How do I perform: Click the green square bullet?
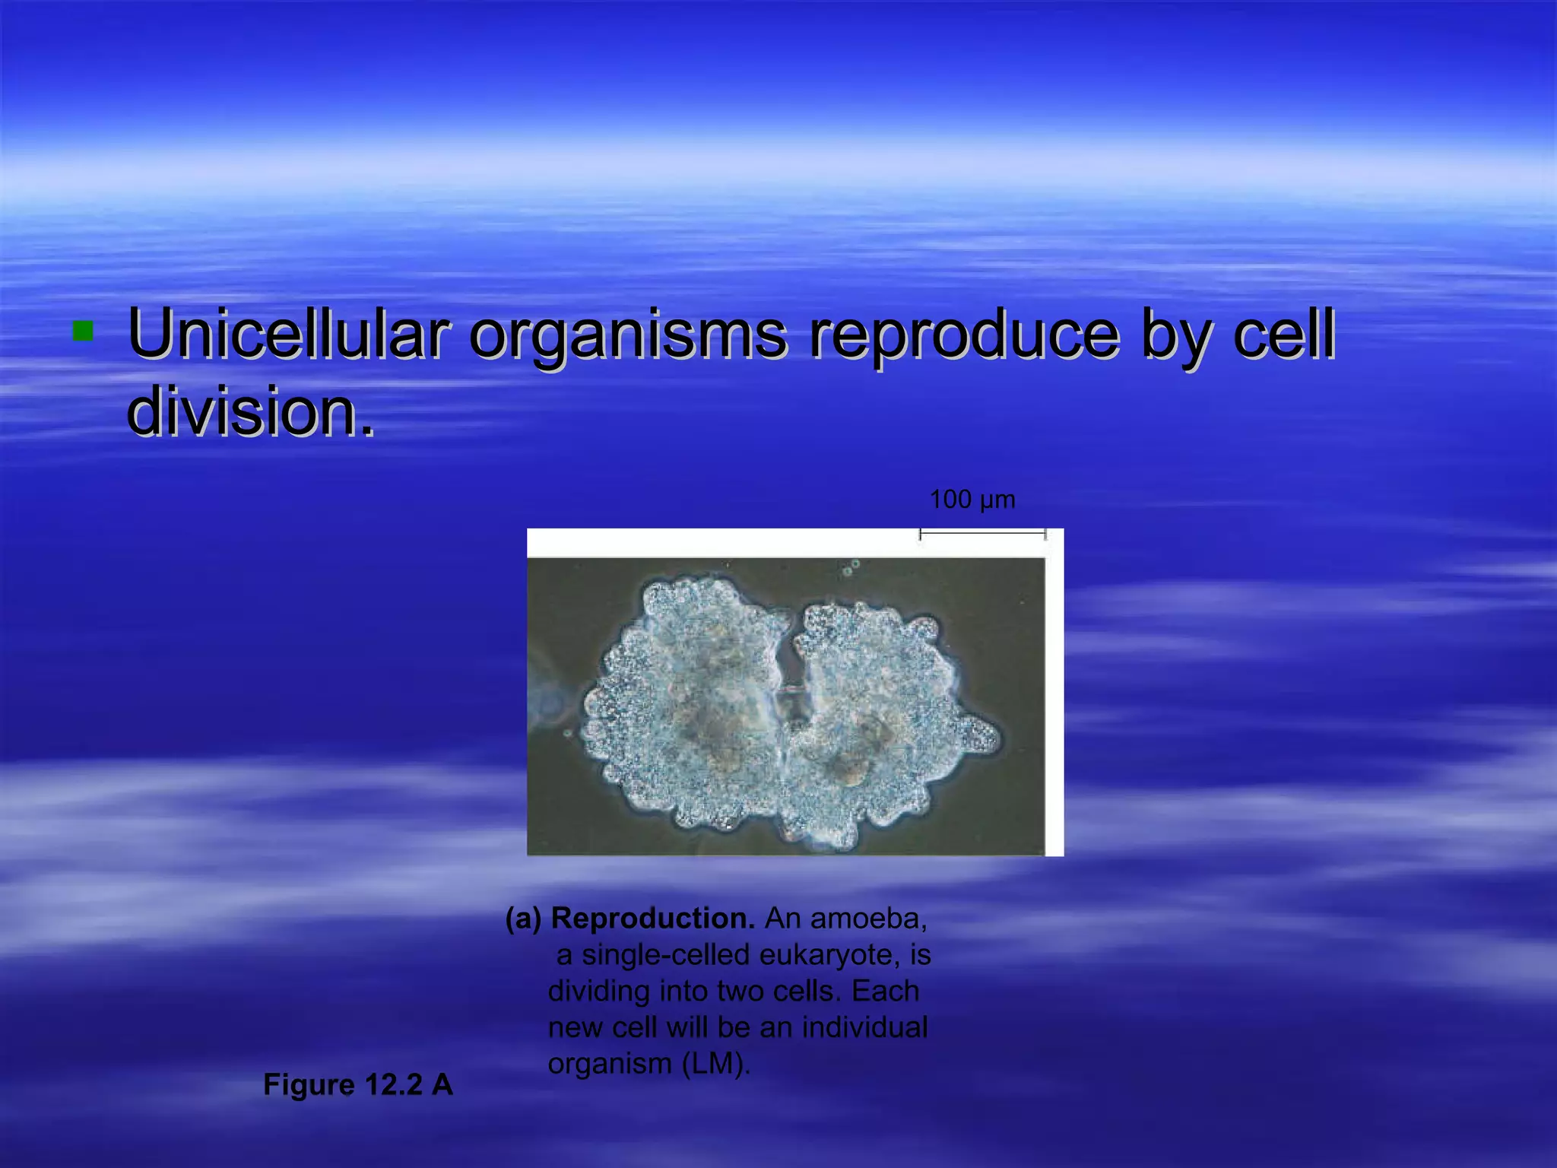[x=82, y=331]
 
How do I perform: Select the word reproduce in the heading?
[x=962, y=335]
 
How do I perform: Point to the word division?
[x=250, y=411]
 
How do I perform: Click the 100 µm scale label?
[x=972, y=500]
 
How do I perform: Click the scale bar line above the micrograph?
[x=982, y=534]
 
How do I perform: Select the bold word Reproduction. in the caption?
[x=652, y=919]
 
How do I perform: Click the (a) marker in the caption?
[x=524, y=919]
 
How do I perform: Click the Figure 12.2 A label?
[x=357, y=1085]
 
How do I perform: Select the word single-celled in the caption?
[x=666, y=954]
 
